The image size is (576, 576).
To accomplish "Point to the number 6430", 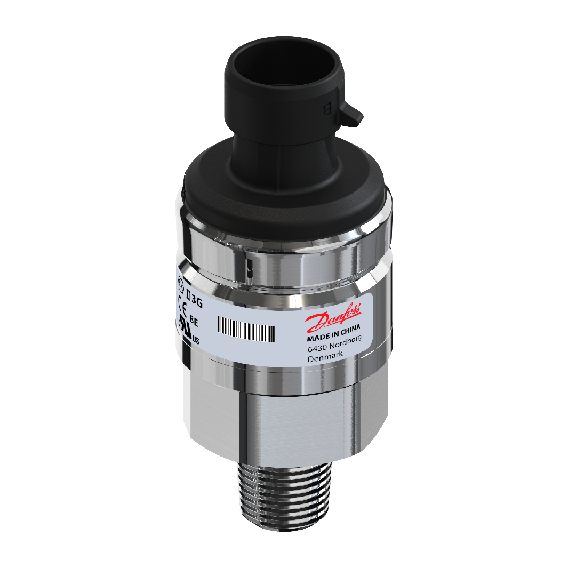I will pyautogui.click(x=317, y=349).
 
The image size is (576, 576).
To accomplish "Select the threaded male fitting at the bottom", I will pyautogui.click(x=283, y=496).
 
